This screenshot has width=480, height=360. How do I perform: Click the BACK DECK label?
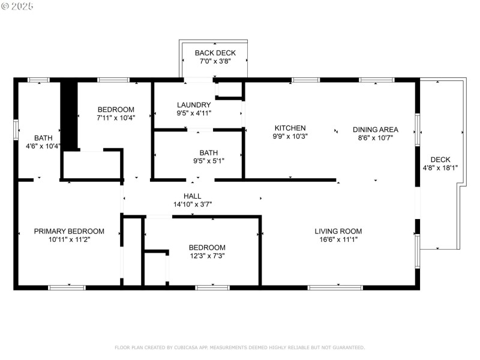pos(215,53)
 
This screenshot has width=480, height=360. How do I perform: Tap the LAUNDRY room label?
pos(194,104)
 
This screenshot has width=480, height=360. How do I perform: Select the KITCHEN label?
pos(290,128)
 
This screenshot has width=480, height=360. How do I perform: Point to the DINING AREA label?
pos(375,129)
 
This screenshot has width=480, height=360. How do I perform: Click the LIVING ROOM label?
pos(338,231)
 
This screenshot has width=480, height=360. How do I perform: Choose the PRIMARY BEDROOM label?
pos(69,231)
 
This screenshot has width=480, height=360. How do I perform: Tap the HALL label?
pos(193,196)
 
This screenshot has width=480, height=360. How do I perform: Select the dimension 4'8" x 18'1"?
pos(440,168)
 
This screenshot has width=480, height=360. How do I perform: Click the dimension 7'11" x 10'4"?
pos(116,118)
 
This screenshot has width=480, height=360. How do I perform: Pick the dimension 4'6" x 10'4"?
pos(43,146)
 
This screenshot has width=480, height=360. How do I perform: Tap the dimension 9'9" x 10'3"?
pos(290,136)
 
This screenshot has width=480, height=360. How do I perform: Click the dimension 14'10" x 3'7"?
pos(193,205)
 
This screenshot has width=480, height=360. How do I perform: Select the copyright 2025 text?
pos(17,6)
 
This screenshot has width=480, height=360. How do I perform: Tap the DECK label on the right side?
pos(440,160)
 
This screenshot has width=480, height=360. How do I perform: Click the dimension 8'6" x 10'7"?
pos(375,137)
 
